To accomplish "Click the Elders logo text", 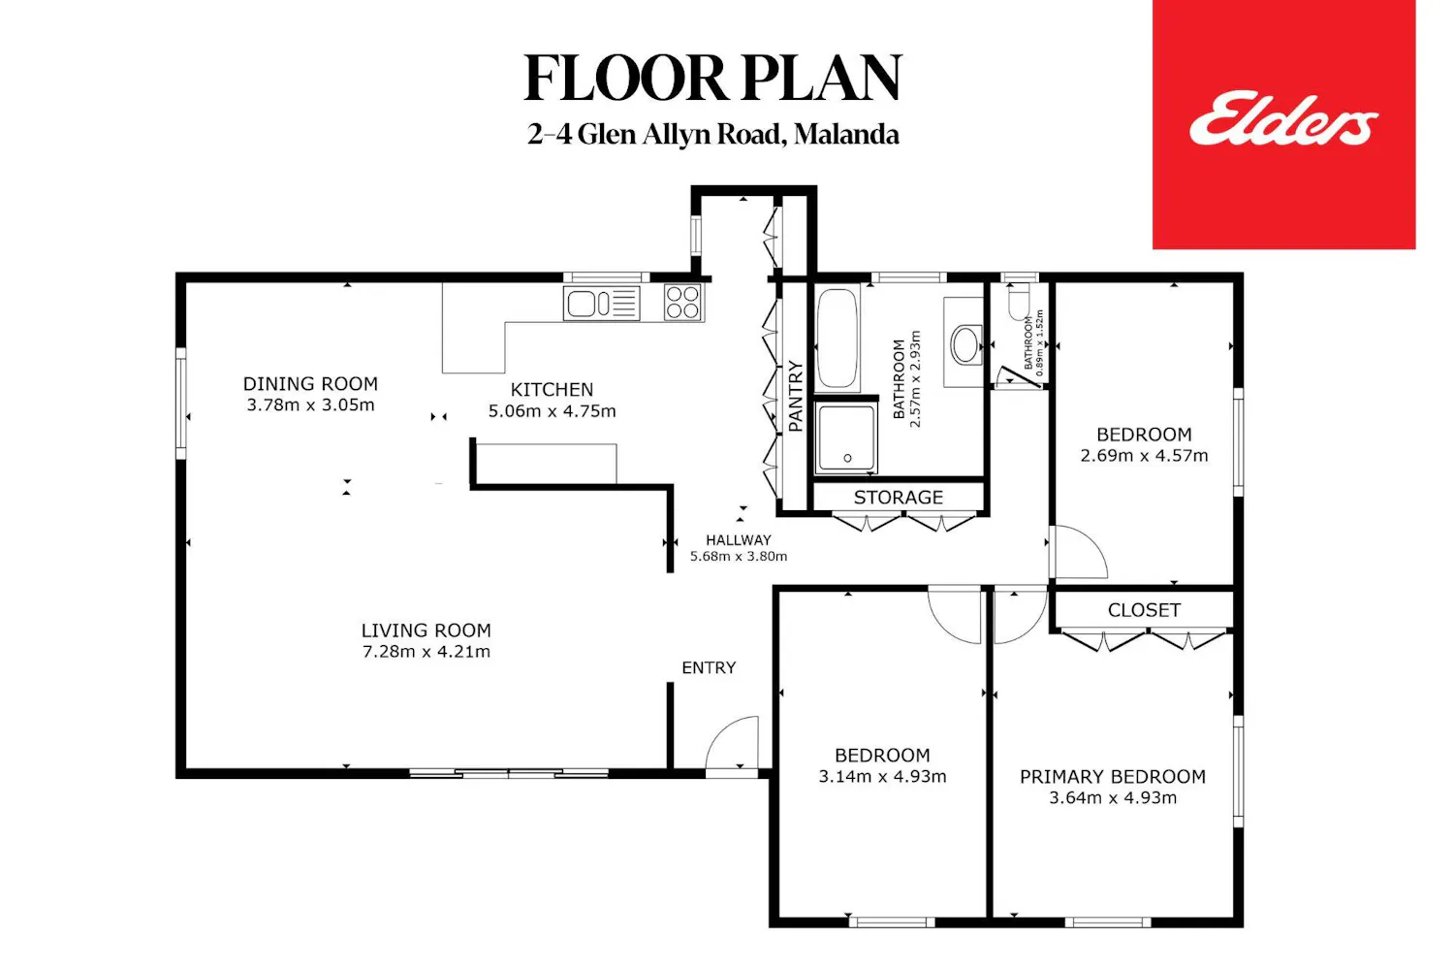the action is pos(1283,121).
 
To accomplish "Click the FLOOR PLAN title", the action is pos(712,78).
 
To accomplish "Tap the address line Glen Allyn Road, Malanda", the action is pos(712,135).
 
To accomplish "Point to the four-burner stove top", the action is pos(682,303).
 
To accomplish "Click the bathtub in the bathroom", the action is pos(838,339).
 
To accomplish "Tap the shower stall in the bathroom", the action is pos(846,437).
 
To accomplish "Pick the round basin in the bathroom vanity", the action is pos(965,343).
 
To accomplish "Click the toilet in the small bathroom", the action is pos(1019,301).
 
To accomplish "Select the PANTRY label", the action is pos(796,397).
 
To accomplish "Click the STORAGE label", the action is pos(899,498).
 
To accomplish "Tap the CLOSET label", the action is pos(1144,610).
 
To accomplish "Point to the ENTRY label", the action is pos(709,668).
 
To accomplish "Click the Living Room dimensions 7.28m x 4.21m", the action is pos(427,652).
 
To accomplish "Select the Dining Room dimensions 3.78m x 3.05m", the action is pos(310,404).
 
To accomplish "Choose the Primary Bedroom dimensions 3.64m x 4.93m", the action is pos(1113,798).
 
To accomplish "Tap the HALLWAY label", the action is pos(739,540).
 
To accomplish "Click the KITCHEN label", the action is pos(552,390).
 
